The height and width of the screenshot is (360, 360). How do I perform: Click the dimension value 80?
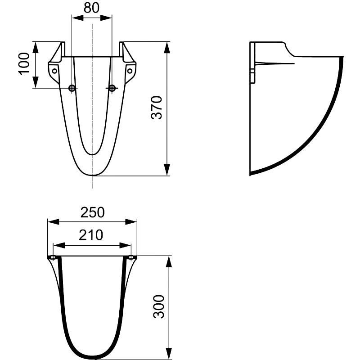92,8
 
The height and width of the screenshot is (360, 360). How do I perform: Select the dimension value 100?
24,63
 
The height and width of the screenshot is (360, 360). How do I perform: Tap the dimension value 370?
156,108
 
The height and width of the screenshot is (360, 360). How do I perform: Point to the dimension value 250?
92,212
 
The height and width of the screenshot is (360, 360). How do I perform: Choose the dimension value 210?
92,235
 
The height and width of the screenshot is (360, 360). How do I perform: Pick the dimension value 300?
159,306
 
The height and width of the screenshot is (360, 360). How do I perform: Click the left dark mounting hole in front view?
72,88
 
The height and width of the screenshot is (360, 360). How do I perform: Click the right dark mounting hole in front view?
112,88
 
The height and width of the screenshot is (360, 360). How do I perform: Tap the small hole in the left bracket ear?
54,71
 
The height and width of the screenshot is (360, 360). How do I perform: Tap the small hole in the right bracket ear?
130,71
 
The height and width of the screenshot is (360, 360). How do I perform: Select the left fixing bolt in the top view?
53,258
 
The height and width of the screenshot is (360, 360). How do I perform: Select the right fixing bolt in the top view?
131,258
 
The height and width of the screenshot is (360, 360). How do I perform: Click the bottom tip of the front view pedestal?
92,175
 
